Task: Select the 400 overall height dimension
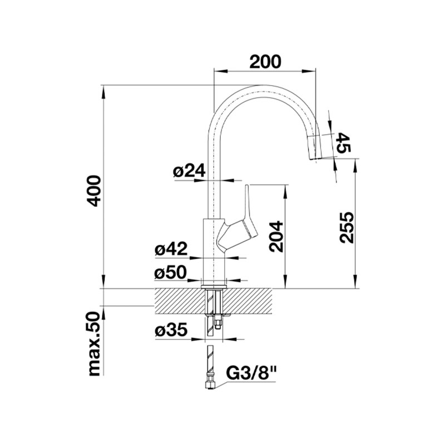[x=94, y=191]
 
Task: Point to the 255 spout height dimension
[x=347, y=227]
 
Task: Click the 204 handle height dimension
[x=276, y=237]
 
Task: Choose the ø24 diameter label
[x=189, y=171]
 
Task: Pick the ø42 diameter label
[x=171, y=249]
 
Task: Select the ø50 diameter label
[x=170, y=272]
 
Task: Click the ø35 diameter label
[x=171, y=329]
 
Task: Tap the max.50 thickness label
[x=95, y=344]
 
